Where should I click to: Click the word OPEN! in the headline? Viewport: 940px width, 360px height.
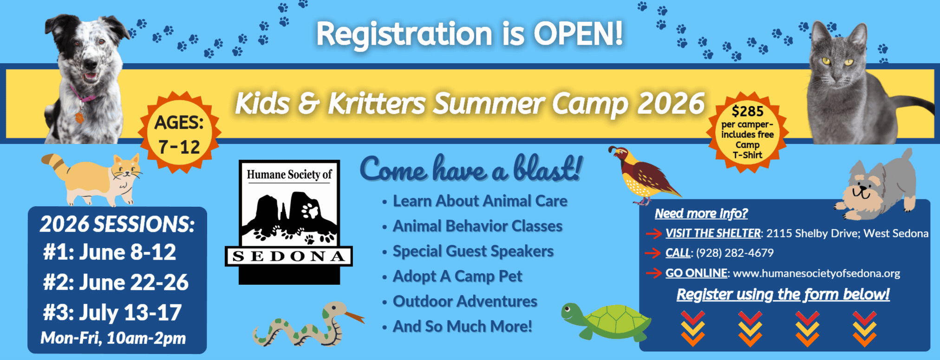(x=578, y=34)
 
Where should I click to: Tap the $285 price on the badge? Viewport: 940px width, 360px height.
(x=748, y=111)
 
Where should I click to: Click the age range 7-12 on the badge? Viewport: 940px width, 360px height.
(x=179, y=147)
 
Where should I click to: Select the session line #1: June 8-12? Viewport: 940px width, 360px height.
(x=110, y=252)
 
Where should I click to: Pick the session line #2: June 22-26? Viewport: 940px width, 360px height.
(x=116, y=282)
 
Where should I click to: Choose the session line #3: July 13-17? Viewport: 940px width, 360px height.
(x=112, y=313)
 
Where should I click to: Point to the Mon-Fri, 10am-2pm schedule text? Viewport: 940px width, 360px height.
(x=113, y=338)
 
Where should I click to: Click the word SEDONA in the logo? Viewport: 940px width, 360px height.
(x=289, y=256)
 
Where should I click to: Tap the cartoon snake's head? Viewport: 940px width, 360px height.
(x=335, y=310)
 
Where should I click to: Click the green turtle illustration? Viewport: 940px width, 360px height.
(x=606, y=322)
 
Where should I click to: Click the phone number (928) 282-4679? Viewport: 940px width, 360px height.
(x=735, y=253)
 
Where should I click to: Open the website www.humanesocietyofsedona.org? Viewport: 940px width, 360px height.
(x=816, y=273)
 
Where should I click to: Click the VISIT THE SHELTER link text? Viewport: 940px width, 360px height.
(x=713, y=233)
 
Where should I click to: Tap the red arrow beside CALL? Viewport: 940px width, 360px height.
(x=653, y=253)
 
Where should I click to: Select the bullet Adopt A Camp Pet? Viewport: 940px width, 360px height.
(x=457, y=276)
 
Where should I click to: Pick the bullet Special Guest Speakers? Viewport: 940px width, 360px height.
(x=473, y=251)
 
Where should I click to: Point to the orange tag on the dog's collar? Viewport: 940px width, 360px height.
(x=79, y=118)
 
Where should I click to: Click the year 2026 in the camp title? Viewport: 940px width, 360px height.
(x=671, y=103)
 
